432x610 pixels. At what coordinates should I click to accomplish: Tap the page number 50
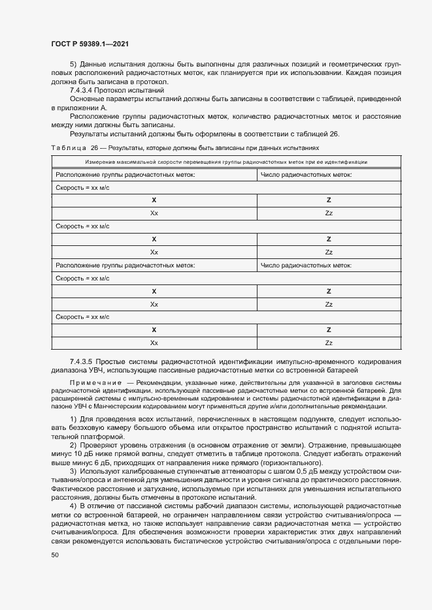click(55, 555)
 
